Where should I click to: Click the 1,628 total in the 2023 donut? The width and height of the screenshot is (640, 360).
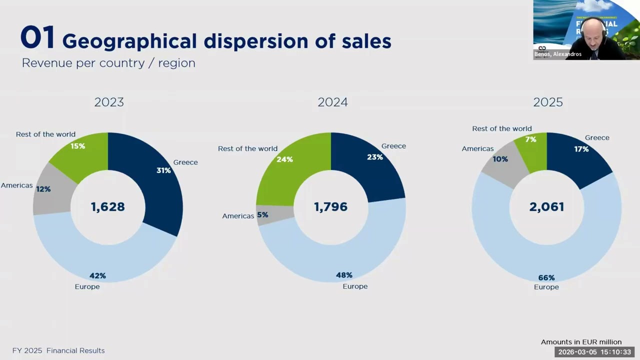[107, 207]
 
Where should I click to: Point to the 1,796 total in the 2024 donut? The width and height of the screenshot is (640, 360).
[330, 207]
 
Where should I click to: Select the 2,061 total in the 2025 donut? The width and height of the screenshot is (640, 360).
[546, 207]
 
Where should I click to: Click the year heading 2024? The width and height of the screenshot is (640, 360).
[332, 102]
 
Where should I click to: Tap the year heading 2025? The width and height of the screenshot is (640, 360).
[548, 102]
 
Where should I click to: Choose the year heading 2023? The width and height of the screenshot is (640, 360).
[109, 102]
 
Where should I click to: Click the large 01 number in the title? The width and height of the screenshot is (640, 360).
[37, 38]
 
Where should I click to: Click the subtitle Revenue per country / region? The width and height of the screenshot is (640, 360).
[108, 63]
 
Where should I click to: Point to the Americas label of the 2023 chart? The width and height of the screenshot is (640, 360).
[16, 185]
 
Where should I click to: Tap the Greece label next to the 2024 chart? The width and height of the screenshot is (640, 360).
[393, 146]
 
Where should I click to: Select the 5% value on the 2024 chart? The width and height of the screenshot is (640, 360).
[262, 215]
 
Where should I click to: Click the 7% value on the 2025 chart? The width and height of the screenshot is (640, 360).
[530, 139]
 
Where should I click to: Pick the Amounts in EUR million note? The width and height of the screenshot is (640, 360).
[581, 342]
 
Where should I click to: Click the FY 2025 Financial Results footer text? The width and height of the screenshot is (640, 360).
[58, 350]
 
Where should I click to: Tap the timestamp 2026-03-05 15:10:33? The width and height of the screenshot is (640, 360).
[594, 352]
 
